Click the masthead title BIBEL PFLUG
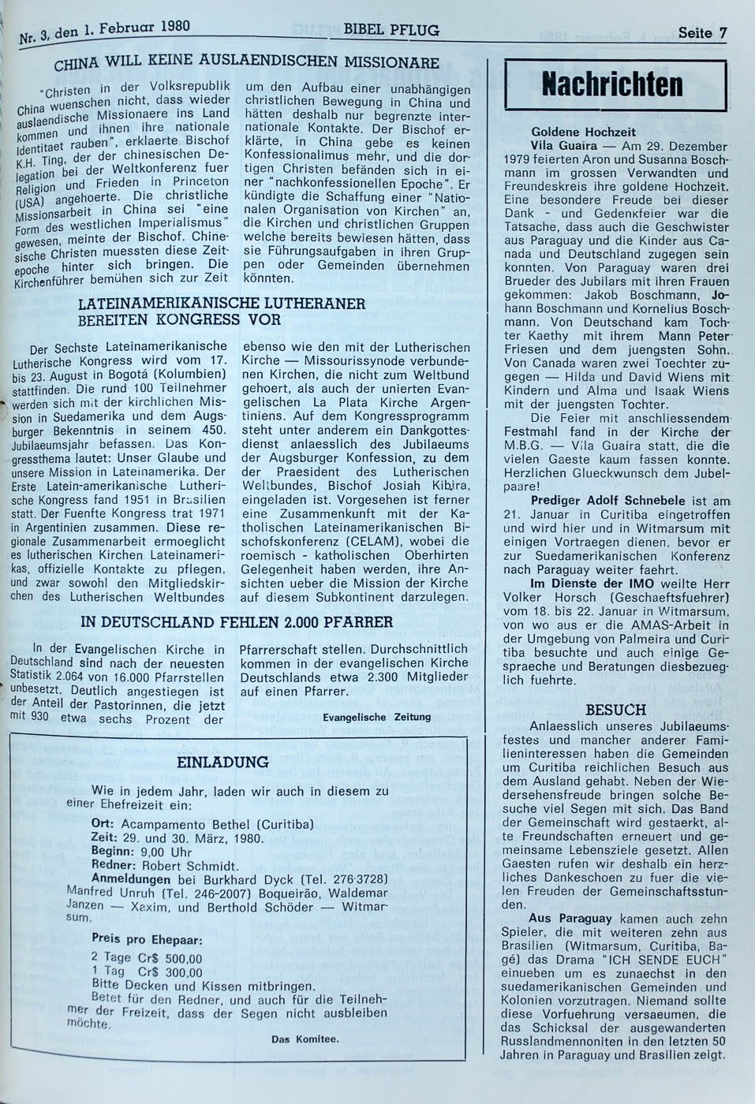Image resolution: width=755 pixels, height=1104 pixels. coord(392,31)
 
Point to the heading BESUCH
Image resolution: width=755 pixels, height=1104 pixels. coord(616,711)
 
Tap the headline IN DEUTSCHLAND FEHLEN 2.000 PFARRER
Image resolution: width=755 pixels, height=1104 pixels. coord(237,622)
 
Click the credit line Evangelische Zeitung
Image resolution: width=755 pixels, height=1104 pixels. coord(377,717)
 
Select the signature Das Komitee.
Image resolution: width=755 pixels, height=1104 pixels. coord(305,1039)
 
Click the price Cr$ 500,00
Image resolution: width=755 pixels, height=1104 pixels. coord(170,957)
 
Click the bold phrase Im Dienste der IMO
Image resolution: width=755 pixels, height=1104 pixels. coord(585,584)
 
